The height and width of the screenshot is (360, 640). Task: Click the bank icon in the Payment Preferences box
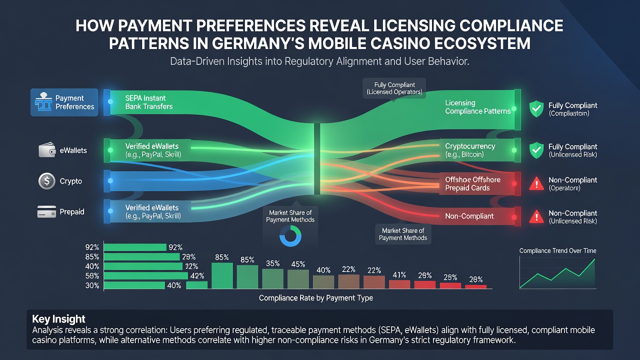tap(43, 101)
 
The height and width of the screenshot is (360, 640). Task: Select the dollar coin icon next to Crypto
tap(47, 181)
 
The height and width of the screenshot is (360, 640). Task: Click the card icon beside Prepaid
tap(46, 211)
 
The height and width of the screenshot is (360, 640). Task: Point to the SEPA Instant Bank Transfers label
tap(149, 102)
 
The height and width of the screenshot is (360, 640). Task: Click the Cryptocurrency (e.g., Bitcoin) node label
tap(470, 150)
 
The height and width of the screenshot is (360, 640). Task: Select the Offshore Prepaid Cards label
tap(472, 183)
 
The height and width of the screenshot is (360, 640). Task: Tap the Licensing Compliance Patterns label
tap(477, 107)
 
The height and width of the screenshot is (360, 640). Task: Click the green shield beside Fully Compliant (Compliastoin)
tap(536, 109)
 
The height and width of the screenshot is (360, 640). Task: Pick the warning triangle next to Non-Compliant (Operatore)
tap(536, 183)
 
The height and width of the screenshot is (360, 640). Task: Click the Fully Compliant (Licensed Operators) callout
tap(394, 88)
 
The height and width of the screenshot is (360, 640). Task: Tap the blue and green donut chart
tap(290, 236)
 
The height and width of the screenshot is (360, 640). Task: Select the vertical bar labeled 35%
tap(272, 278)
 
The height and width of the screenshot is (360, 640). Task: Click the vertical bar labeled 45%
tap(298, 279)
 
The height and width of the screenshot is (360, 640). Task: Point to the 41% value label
tap(399, 275)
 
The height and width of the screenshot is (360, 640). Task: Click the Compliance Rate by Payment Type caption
tap(315, 298)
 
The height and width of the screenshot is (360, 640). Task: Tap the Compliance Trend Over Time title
tap(557, 251)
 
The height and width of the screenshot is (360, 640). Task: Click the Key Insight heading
tap(58, 319)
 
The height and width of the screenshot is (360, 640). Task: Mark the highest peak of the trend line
tap(594, 259)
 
